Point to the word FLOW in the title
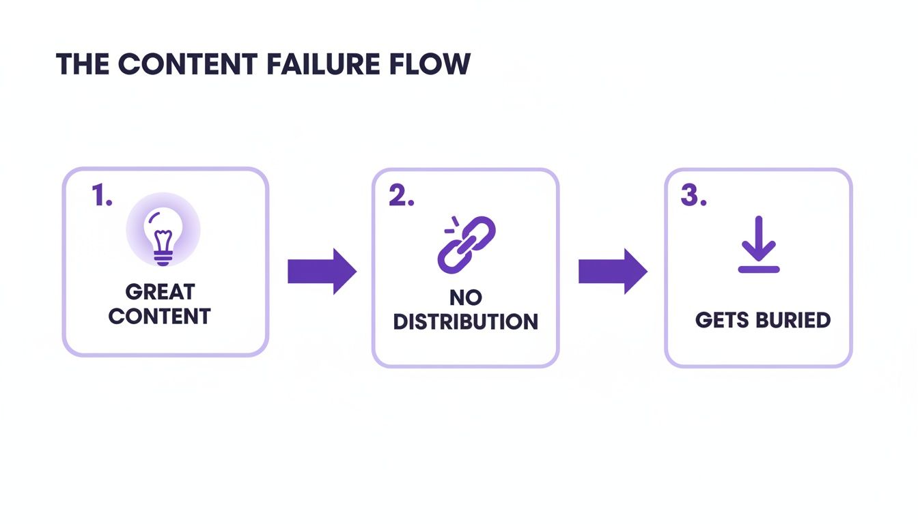pos(432,63)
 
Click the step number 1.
pos(102,196)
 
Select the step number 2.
pos(401,196)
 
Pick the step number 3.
pos(693,196)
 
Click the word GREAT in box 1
pos(160,292)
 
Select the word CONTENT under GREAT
pos(160,317)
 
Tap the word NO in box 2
pos(465,297)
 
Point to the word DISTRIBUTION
pos(465,322)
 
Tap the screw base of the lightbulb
pos(163,258)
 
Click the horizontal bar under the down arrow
pos(758,270)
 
